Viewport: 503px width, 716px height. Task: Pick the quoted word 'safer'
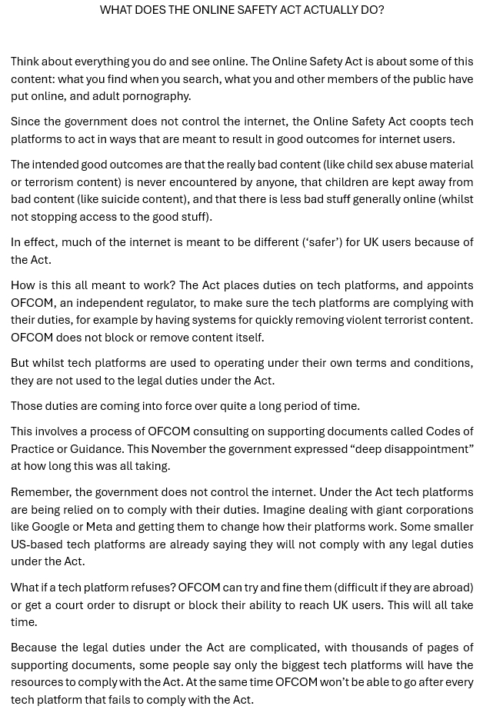pyautogui.click(x=322, y=242)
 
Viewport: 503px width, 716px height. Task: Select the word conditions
pyautogui.click(x=438, y=363)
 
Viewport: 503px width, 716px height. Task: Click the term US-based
pyautogui.click(x=38, y=544)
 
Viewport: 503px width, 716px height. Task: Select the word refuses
pyautogui.click(x=153, y=588)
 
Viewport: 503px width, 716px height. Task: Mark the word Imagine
pyautogui.click(x=288, y=510)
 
